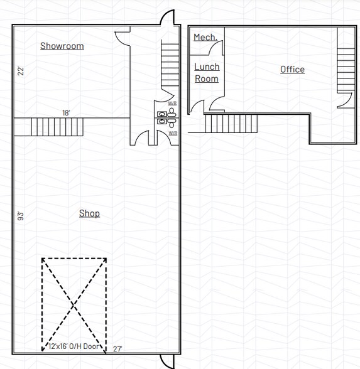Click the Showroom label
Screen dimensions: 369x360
(x=62, y=46)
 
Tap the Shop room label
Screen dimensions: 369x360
(x=89, y=213)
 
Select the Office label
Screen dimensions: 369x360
(x=292, y=70)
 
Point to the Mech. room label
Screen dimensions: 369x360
(x=205, y=38)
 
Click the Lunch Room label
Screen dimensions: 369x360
(x=207, y=73)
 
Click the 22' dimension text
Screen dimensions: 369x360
(x=21, y=71)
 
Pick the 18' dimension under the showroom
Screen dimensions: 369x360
(x=66, y=113)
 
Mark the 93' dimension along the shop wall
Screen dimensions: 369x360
(x=21, y=217)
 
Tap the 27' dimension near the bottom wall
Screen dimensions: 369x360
(x=117, y=348)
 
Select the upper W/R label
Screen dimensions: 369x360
(x=172, y=103)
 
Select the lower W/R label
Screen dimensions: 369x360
(x=172, y=133)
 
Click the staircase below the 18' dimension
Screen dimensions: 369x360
(x=48, y=127)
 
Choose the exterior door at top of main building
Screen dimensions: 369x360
(x=166, y=19)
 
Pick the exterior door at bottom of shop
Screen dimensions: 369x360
(x=166, y=361)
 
